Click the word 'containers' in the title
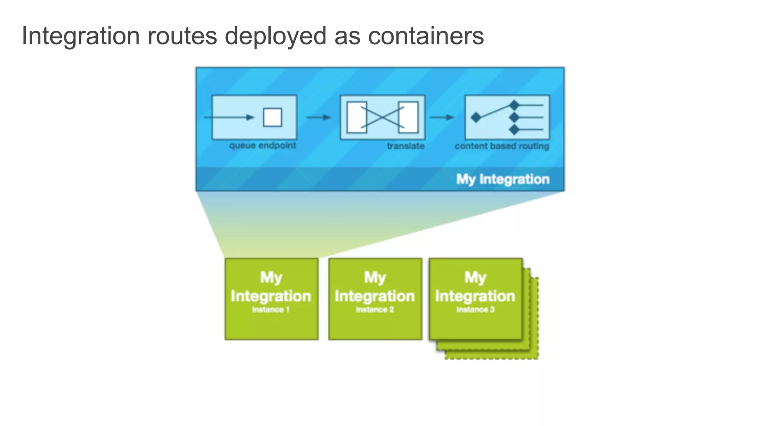tap(426, 36)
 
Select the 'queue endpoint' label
tap(262, 145)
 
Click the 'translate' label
tap(406, 146)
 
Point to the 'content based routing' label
tap(502, 146)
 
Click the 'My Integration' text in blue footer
tap(503, 179)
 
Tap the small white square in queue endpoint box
tap(272, 118)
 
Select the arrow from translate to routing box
tap(442, 118)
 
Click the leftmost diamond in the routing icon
tap(476, 118)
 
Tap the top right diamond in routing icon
tap(514, 105)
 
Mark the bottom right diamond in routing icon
tap(514, 129)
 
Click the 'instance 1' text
tap(271, 310)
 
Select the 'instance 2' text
tap(375, 310)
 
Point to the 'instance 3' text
tap(475, 310)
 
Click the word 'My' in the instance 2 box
tap(375, 277)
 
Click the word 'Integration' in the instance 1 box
tap(271, 296)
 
